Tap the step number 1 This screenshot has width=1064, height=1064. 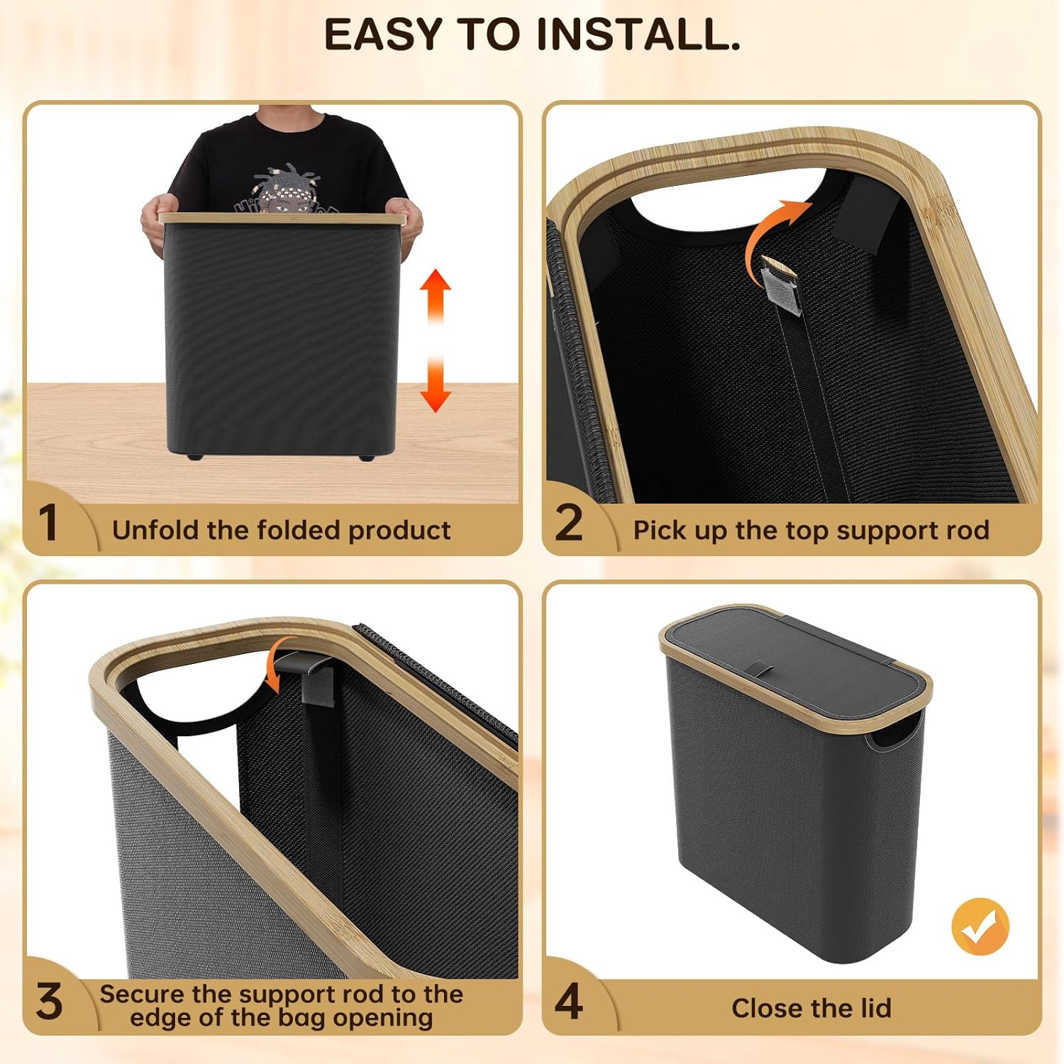tap(48, 523)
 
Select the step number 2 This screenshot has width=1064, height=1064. tap(569, 523)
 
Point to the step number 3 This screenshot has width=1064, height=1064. tap(49, 1002)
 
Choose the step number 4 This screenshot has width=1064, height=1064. tap(569, 1002)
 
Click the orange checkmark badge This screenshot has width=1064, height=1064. tap(980, 926)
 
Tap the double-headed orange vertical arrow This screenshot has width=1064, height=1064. tap(435, 340)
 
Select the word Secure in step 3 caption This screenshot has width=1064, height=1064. tap(140, 994)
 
